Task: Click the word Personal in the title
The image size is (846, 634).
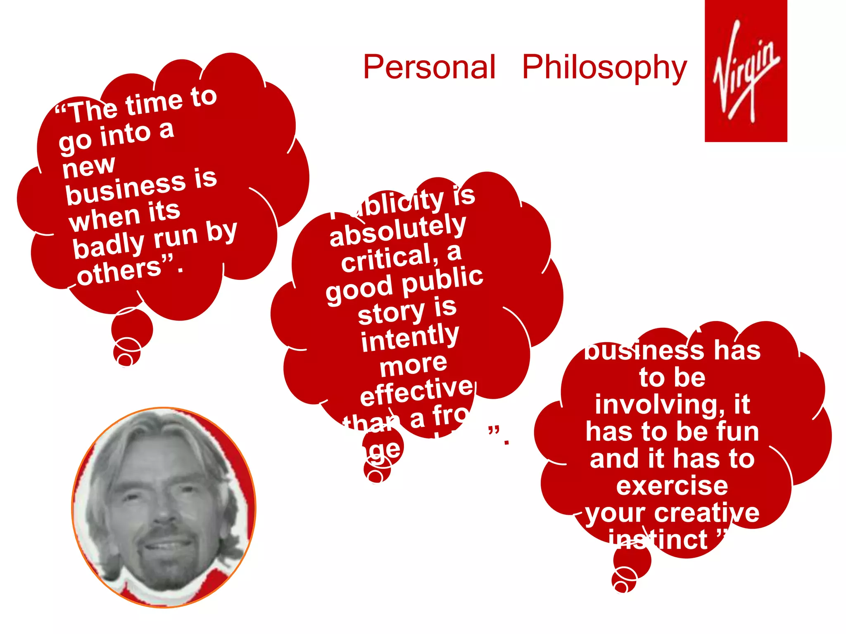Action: coord(429,67)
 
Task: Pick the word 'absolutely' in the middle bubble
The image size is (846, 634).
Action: coord(397,231)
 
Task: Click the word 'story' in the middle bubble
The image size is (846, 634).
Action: coord(391,312)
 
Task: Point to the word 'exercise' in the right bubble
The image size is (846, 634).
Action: coord(672,486)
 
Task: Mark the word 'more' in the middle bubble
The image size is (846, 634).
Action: coord(413,365)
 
